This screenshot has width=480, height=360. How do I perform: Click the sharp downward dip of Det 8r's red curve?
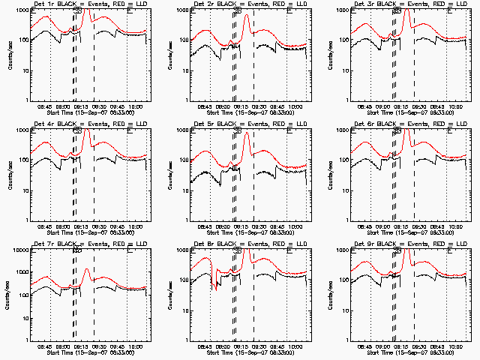click(x=216, y=287)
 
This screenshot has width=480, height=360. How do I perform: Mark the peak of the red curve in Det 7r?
click(x=87, y=269)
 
